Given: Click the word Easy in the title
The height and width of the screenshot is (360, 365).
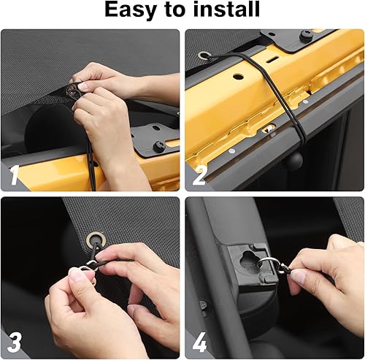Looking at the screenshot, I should [134, 10].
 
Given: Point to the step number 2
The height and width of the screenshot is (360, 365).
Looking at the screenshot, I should [199, 175].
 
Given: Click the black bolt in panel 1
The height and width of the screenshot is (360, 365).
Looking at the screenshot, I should [158, 147].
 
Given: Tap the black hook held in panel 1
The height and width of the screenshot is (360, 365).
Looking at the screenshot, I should [73, 91].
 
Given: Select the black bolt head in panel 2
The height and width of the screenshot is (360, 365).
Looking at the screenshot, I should [306, 36].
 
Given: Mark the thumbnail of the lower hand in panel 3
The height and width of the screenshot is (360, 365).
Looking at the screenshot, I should [76, 275].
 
